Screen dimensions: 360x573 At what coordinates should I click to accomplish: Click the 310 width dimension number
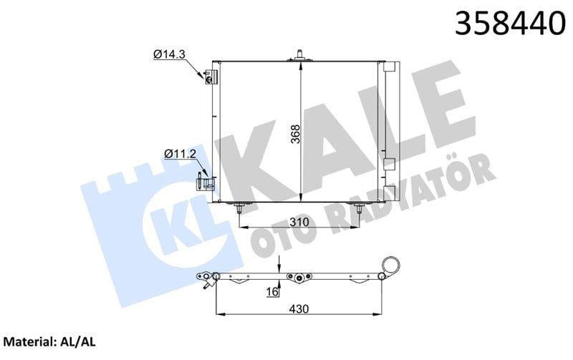tap(299, 223)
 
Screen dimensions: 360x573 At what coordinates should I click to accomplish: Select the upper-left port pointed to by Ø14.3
tap(210, 77)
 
